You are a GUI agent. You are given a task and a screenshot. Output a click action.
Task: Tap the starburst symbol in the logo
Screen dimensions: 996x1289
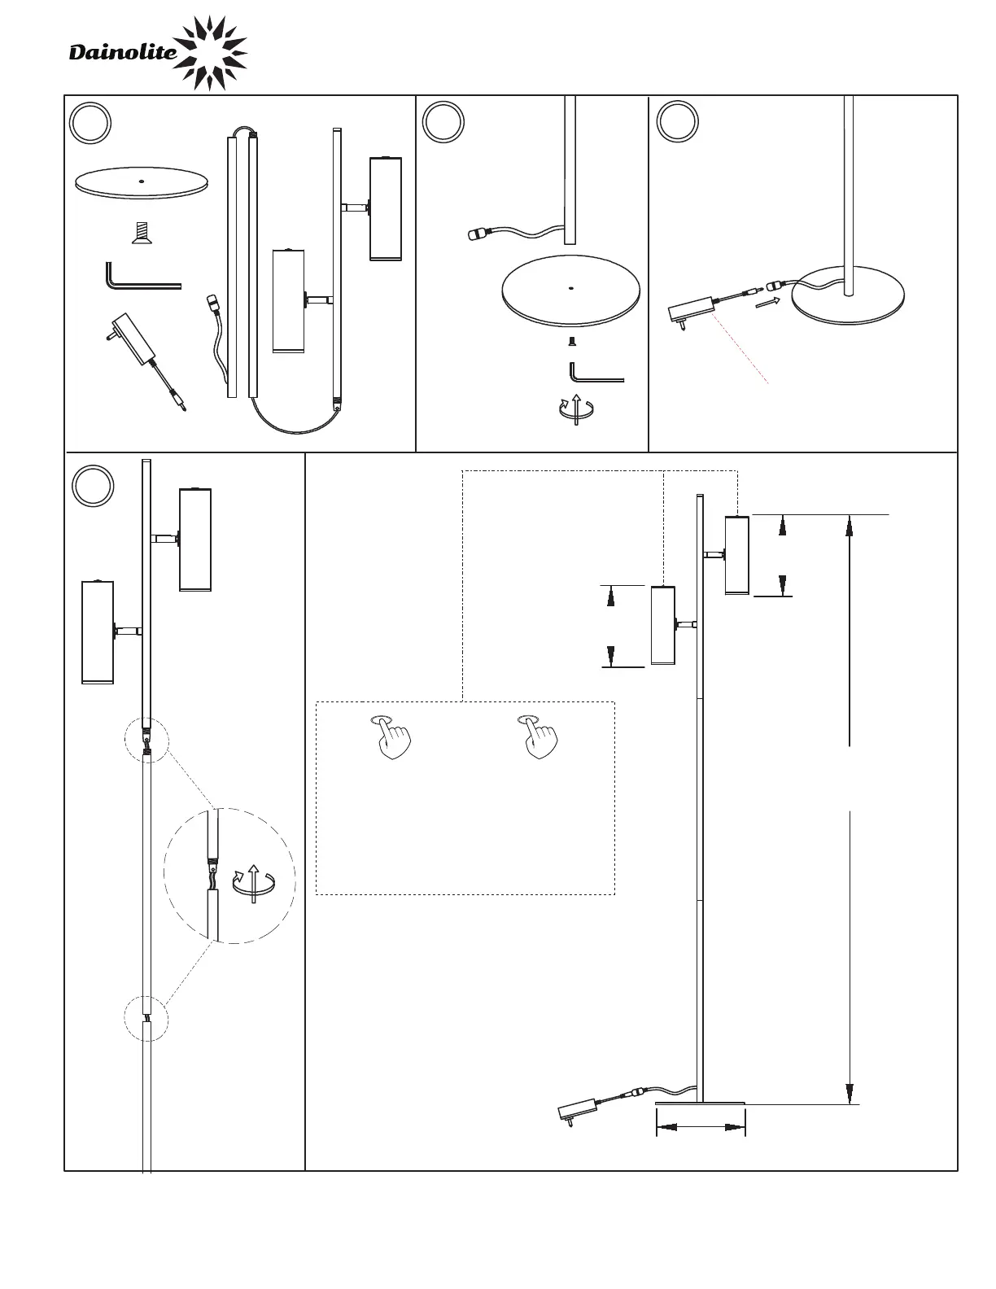click(210, 52)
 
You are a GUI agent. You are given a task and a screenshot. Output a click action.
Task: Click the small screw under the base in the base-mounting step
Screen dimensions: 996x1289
click(571, 342)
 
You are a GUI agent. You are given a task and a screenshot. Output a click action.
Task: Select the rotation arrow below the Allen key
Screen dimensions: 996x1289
click(576, 409)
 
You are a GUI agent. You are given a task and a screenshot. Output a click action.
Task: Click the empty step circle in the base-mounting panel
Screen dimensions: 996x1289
click(443, 122)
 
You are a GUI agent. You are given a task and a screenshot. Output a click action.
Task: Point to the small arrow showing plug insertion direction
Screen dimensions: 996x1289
click(767, 302)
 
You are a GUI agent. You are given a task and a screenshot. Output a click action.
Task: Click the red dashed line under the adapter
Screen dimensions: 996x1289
click(740, 351)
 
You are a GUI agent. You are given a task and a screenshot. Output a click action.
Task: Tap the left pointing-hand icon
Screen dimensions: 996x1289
click(394, 737)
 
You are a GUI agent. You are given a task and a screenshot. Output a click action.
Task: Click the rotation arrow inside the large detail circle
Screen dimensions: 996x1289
click(254, 883)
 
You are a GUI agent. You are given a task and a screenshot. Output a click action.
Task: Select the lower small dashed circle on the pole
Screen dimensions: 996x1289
click(146, 1019)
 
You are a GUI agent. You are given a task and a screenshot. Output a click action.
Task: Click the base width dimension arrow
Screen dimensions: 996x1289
click(701, 1128)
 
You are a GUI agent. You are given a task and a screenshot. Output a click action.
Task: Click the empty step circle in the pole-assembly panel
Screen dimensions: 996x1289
click(93, 485)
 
